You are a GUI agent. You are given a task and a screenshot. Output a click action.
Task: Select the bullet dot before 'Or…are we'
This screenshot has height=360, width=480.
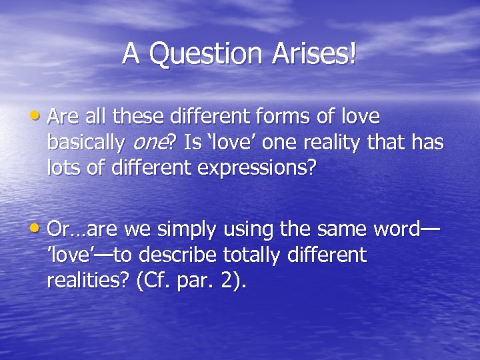pyautogui.click(x=41, y=229)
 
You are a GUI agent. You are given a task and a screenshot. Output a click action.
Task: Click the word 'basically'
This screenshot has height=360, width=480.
pyautogui.click(x=85, y=142)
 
